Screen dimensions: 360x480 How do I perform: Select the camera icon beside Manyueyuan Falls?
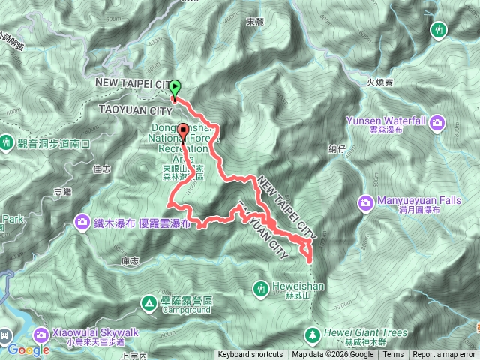pyautogui.click(x=366, y=201)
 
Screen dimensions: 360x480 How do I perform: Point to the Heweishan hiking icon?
pyautogui.click(x=261, y=287)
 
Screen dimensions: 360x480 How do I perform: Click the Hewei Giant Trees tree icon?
pyautogui.click(x=311, y=333)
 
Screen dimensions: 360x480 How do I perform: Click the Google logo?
pyautogui.click(x=28, y=349)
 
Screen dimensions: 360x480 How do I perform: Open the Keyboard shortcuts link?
pyautogui.click(x=250, y=355)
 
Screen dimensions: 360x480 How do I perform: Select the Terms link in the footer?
pyautogui.click(x=393, y=355)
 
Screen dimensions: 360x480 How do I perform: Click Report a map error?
pyautogui.click(x=445, y=355)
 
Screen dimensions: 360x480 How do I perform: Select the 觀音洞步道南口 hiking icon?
pyautogui.click(x=7, y=141)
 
